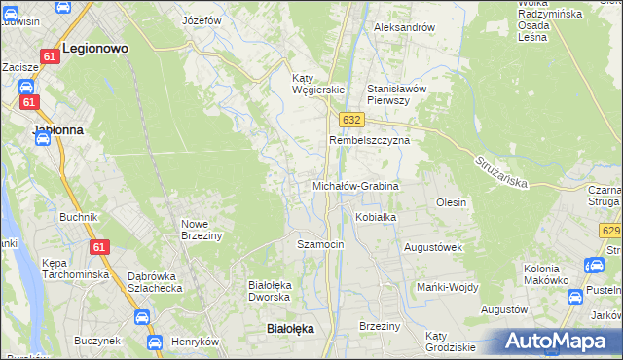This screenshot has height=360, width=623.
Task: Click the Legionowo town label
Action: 95,47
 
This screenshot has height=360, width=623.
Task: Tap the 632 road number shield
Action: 352,119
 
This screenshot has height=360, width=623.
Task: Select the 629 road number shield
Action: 611,231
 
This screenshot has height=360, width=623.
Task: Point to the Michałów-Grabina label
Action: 355,185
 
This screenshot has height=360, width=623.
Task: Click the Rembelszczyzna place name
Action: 369,140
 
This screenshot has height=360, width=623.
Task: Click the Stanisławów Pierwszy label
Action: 397,93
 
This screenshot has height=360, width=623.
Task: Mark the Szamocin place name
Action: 320,244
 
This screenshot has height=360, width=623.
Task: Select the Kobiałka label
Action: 376,217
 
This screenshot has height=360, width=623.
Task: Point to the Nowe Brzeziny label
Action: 202,229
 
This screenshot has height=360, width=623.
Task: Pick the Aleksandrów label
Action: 404,27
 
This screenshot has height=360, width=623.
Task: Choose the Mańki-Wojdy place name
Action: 445,286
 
